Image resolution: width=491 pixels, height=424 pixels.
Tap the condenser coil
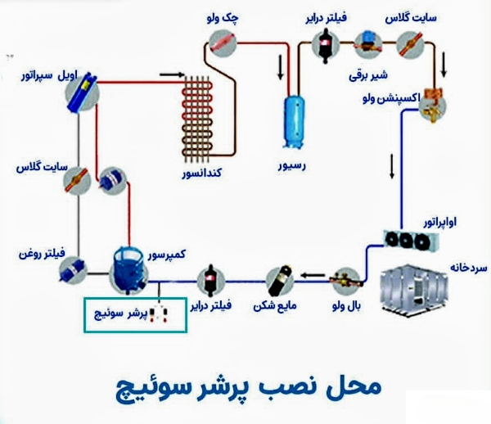coord(199,120)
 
